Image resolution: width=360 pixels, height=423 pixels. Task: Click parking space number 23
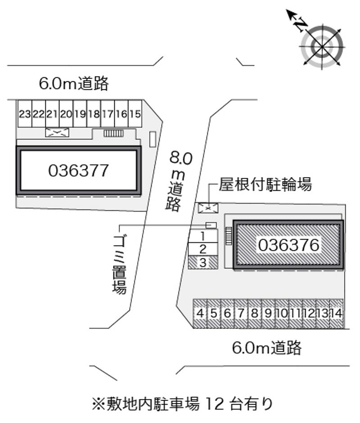(25, 114)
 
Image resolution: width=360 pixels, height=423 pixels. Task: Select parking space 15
(135, 114)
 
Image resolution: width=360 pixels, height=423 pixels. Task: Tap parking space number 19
(80, 114)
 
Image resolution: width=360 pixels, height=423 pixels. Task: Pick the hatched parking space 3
(203, 262)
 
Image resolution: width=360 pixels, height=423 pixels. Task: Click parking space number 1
(203, 236)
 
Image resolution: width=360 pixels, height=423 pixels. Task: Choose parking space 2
(203, 249)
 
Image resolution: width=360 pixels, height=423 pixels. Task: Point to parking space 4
(200, 313)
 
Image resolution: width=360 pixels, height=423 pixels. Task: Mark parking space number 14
(337, 313)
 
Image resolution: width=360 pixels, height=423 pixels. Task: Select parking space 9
(268, 313)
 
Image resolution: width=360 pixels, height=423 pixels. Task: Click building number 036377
(78, 170)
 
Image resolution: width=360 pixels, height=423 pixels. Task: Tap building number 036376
(289, 245)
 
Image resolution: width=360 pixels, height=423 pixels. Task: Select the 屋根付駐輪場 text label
(265, 184)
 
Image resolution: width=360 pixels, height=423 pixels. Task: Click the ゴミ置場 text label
(119, 264)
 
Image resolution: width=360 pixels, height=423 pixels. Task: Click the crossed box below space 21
(57, 133)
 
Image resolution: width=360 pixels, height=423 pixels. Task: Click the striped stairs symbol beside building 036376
(229, 236)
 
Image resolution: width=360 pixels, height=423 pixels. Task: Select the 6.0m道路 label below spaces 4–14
(266, 348)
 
